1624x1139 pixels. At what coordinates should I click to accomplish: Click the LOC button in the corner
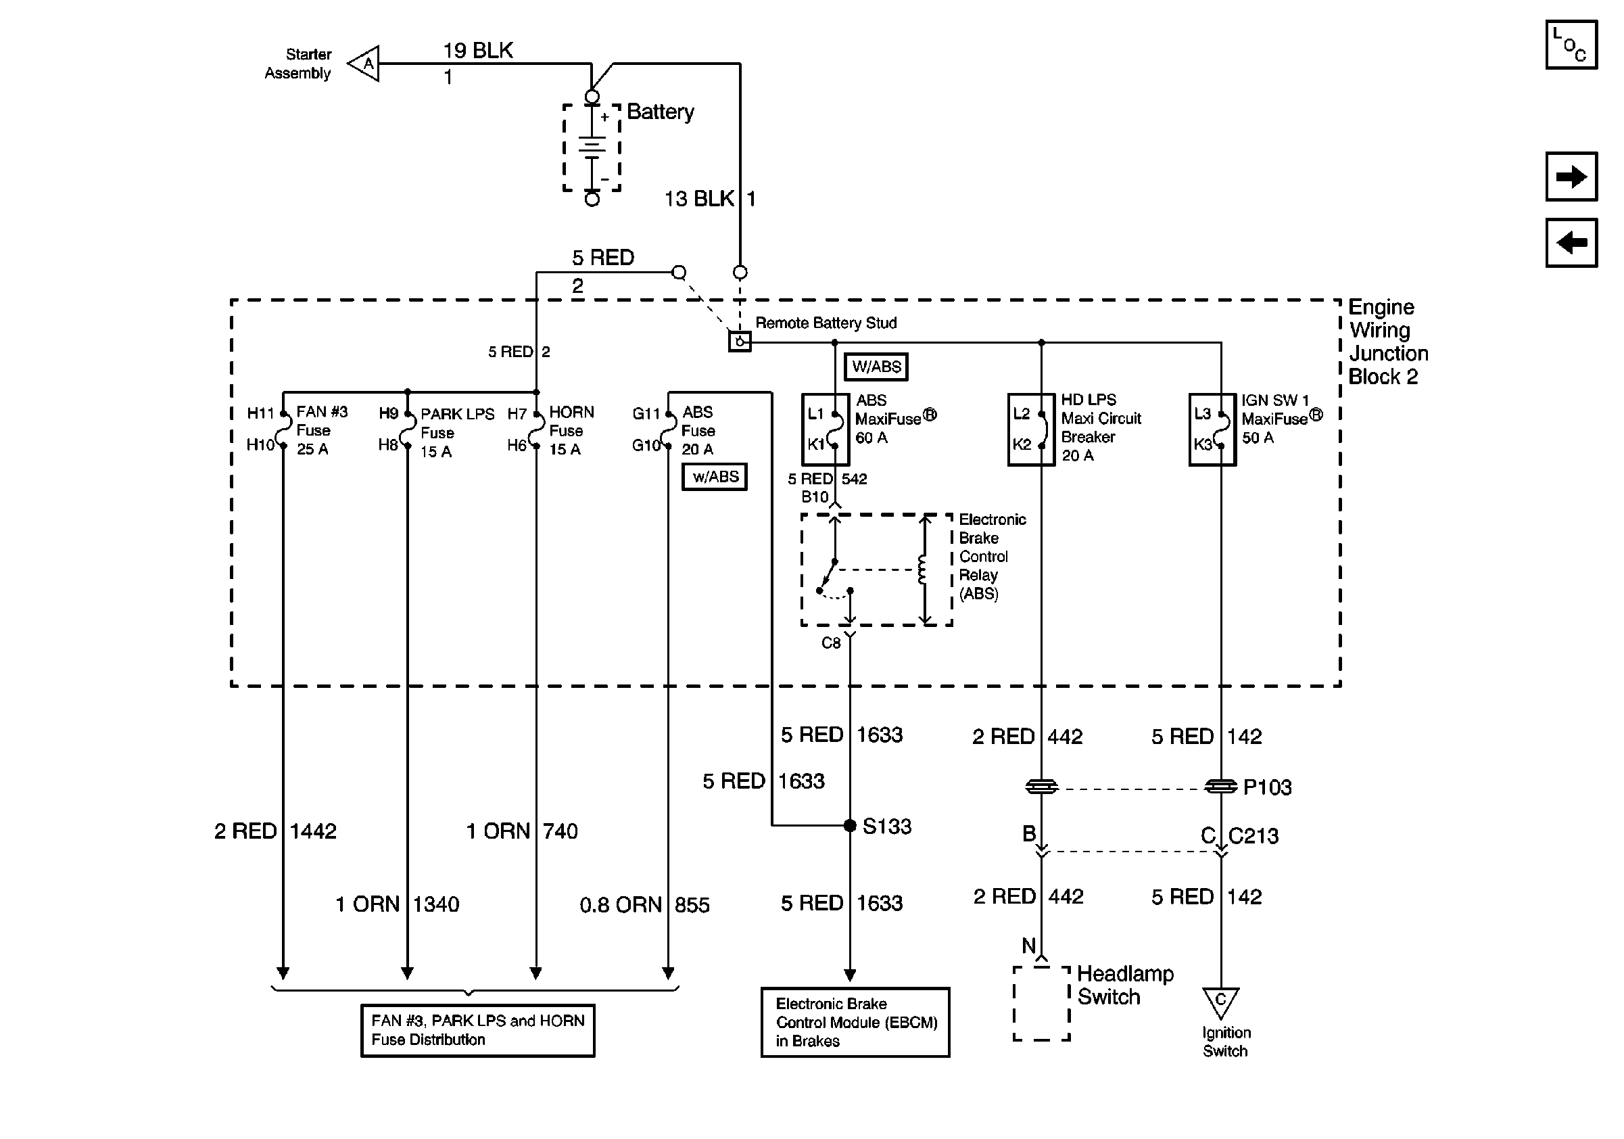click(x=1571, y=45)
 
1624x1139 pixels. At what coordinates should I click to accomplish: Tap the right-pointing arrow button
click(x=1571, y=176)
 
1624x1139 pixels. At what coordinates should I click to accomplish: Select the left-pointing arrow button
click(x=1571, y=243)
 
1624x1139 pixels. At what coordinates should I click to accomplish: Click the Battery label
click(x=660, y=112)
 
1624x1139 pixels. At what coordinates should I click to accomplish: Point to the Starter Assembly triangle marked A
click(x=366, y=64)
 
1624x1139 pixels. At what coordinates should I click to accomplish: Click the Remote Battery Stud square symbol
click(x=740, y=342)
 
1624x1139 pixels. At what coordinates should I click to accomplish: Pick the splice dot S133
click(x=850, y=826)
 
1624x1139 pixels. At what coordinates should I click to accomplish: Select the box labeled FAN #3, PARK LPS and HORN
click(x=477, y=1030)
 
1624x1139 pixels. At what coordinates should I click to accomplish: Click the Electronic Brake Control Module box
click(x=855, y=1022)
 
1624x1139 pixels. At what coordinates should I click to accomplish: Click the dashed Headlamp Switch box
click(x=1041, y=1003)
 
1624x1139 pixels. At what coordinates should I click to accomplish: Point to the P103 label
click(x=1267, y=787)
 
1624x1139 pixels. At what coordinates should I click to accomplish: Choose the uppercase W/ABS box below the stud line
click(x=876, y=367)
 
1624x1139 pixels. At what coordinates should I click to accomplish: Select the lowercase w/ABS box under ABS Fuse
click(x=715, y=476)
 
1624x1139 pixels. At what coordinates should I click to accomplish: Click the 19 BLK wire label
click(x=478, y=51)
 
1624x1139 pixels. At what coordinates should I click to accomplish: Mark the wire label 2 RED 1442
click(x=275, y=831)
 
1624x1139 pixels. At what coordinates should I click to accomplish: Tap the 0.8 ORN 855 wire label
click(x=644, y=905)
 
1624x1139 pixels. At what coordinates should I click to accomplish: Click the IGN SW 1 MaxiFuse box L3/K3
click(x=1212, y=429)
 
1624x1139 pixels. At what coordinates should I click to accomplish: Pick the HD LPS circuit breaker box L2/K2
click(x=1031, y=429)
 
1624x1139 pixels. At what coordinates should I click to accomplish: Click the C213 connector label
click(x=1253, y=836)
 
